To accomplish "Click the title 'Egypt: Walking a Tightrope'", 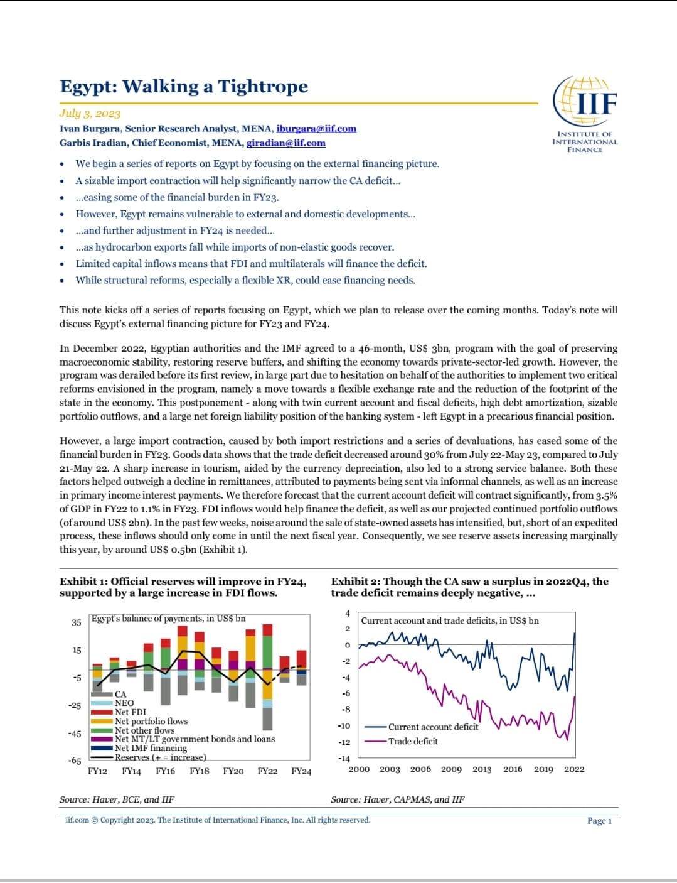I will [184, 87].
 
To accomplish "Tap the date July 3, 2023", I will [90, 114].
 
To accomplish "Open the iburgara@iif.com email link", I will [316, 129].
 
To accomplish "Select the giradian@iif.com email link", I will [285, 143].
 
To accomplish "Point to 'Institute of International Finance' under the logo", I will [585, 142].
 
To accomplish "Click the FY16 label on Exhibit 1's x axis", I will [165, 771].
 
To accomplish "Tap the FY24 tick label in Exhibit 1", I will [301, 771].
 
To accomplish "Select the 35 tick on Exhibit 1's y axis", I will [77, 622].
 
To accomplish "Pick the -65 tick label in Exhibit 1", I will [75, 761].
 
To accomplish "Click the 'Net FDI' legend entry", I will [131, 712].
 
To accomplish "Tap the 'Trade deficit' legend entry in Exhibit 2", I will [413, 742].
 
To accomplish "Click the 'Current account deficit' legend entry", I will [433, 727].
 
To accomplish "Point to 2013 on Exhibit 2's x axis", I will [482, 769].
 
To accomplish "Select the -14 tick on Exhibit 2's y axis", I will [344, 759].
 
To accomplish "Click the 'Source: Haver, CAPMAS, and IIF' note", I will [398, 799].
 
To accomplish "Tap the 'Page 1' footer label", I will [599, 821].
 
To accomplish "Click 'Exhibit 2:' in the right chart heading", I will [355, 582].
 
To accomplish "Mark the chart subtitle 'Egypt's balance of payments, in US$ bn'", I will [169, 619].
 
